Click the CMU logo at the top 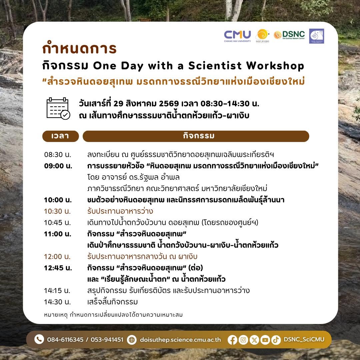[x=237, y=36]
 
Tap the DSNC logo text [x=293, y=34]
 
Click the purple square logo [x=316, y=36]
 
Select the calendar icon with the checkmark [x=58, y=108]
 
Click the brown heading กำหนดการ [x=79, y=48]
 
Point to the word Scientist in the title [x=215, y=66]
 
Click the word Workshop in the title [x=275, y=66]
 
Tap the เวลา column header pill [x=61, y=136]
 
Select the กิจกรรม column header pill [x=196, y=136]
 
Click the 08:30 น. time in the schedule [x=58, y=155]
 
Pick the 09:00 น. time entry [x=58, y=166]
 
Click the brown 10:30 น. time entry [x=57, y=211]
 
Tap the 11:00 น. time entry [x=58, y=234]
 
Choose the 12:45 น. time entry [x=58, y=268]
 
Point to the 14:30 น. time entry [x=57, y=302]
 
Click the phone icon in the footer [x=39, y=339]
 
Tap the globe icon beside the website [x=132, y=340]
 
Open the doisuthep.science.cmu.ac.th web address [x=180, y=340]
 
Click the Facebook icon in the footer [x=232, y=340]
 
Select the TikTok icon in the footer [x=276, y=340]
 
